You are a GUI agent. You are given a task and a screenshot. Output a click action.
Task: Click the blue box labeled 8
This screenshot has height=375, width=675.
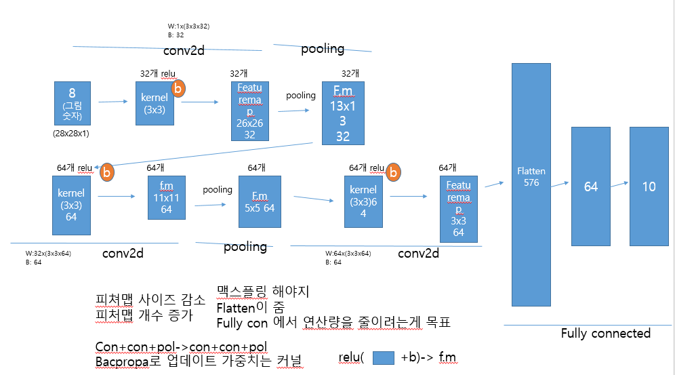[72, 104]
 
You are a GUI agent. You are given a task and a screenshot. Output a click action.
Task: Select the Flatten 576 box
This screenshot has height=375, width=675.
[531, 183]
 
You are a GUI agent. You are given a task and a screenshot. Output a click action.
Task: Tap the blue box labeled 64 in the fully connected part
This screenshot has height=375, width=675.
[591, 186]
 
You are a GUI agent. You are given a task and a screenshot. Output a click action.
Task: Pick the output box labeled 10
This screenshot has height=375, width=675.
[649, 186]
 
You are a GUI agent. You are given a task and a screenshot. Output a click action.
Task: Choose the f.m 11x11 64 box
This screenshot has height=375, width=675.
[166, 197]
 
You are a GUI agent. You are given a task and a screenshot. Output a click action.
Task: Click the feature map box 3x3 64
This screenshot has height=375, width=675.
[458, 209]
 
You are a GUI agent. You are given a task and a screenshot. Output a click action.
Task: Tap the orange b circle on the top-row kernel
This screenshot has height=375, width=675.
[178, 88]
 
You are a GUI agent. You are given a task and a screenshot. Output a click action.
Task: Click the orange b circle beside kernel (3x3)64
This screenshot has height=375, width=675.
[393, 172]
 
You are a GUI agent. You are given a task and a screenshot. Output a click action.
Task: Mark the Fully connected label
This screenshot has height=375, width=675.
[605, 333]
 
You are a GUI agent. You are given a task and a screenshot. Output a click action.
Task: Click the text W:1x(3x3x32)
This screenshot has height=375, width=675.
[189, 26]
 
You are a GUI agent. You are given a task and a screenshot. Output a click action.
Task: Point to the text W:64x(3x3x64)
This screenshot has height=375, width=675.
[348, 253]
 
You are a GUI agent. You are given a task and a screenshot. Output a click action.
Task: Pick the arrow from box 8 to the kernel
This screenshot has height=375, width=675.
[112, 102]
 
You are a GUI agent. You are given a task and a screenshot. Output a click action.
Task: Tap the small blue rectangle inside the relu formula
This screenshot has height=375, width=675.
[385, 357]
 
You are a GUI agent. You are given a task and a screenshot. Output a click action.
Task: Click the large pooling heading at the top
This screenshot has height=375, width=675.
[323, 49]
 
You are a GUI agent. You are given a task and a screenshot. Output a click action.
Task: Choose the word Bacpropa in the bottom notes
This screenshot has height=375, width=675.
[117, 361]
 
